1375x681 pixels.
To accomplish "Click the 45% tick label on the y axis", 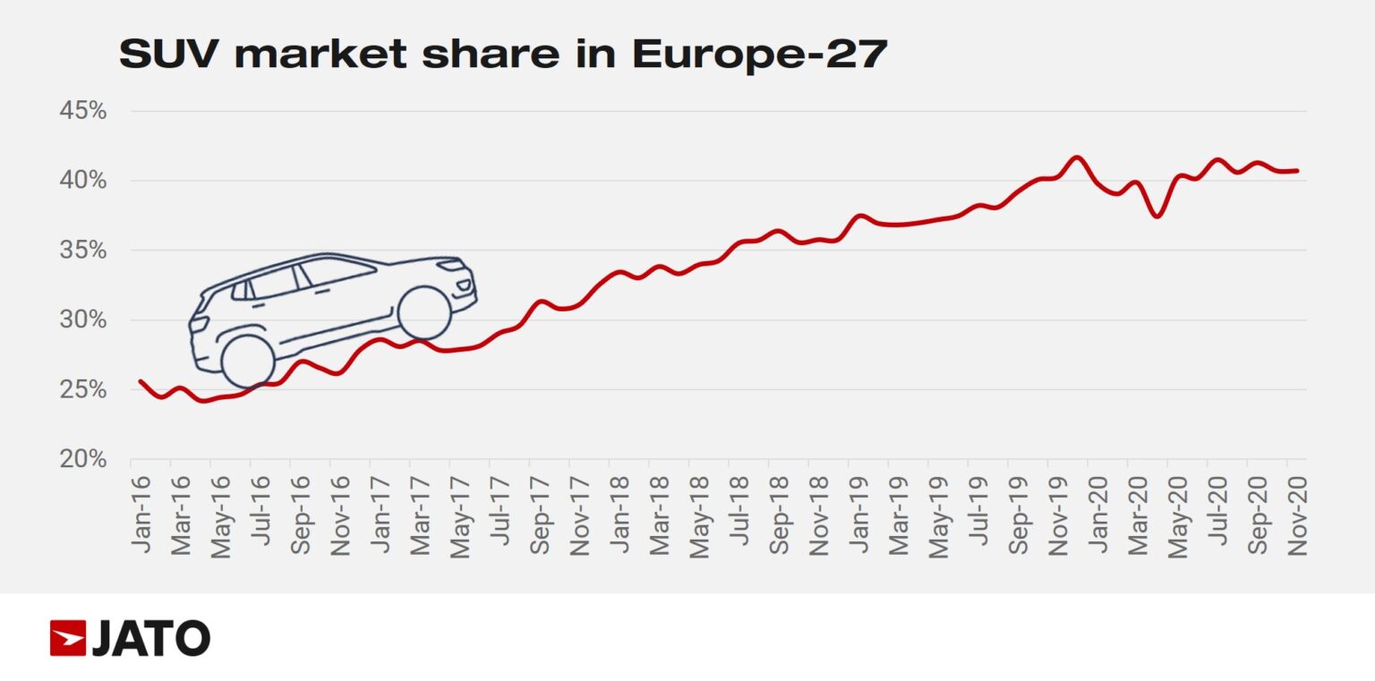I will click(82, 112).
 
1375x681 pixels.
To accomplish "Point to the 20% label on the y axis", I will click(82, 459).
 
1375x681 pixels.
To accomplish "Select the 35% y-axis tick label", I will click(82, 251).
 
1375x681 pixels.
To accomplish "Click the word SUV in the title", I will click(171, 55).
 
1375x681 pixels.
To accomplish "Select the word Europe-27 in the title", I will click(760, 55).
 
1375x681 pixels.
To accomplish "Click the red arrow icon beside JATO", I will click(68, 638).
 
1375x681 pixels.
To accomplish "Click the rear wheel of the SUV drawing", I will click(247, 361).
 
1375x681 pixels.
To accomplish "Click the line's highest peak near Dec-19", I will click(1077, 157).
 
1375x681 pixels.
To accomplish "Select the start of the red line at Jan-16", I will click(141, 381).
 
